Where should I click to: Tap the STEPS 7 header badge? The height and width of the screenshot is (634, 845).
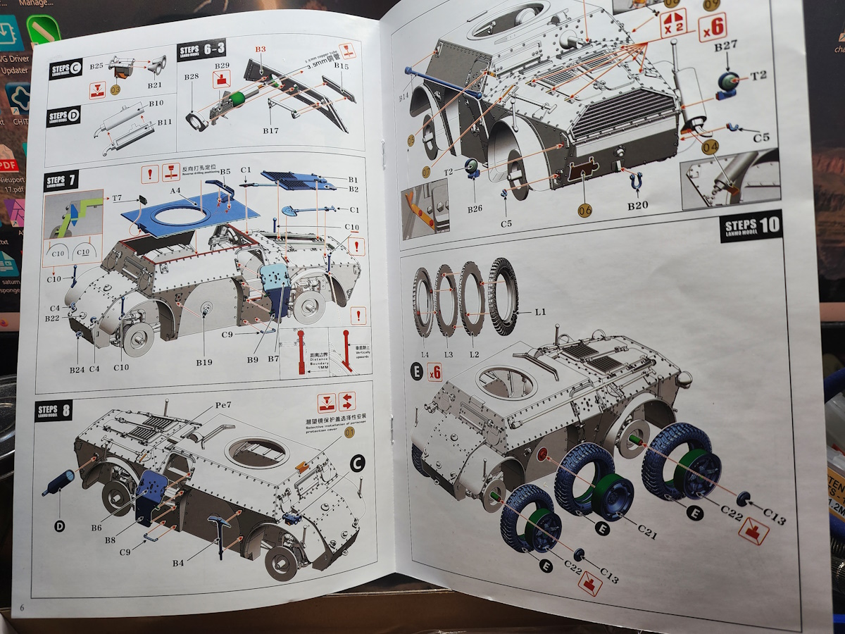[61, 181]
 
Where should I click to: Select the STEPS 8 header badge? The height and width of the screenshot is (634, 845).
[54, 410]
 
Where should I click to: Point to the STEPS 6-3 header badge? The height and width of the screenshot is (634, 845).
[202, 50]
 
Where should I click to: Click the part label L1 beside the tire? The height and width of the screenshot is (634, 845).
[541, 311]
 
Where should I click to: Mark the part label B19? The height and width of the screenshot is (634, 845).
[204, 361]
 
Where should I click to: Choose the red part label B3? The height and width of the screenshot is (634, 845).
[261, 49]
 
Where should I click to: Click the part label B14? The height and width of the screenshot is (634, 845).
[404, 97]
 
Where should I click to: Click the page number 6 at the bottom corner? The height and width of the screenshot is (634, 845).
[22, 607]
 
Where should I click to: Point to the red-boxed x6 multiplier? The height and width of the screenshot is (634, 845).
[713, 27]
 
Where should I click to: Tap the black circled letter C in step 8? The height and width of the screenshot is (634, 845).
[357, 463]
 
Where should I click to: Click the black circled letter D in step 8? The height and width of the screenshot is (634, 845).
[59, 525]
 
